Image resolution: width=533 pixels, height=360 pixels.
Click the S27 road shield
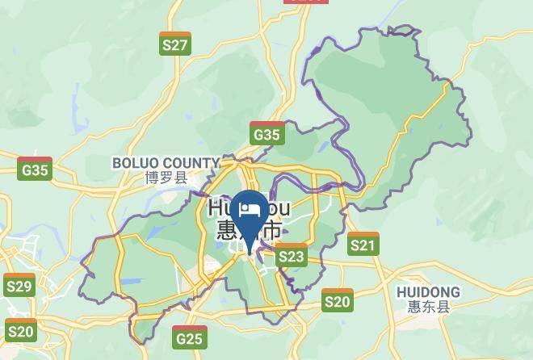click(175, 44)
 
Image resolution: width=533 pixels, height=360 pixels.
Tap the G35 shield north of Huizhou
click(266, 133)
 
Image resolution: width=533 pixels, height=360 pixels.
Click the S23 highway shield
click(292, 256)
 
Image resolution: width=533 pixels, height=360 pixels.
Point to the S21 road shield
click(363, 244)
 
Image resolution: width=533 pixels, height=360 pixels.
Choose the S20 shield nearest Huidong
click(338, 300)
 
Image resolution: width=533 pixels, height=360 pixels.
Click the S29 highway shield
click(19, 285)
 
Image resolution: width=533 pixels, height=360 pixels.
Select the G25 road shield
click(189, 337)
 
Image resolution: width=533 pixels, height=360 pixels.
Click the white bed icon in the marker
click(251, 211)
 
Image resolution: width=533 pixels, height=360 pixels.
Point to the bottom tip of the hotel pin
click(251, 249)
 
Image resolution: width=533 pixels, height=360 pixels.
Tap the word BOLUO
click(137, 163)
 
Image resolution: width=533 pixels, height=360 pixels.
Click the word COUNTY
click(192, 163)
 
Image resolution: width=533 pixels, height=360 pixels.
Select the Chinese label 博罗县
click(166, 178)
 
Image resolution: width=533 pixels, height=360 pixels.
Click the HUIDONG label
click(428, 292)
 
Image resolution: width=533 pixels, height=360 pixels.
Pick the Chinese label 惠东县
click(428, 307)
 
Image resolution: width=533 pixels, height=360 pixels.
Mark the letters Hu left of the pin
click(220, 208)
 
